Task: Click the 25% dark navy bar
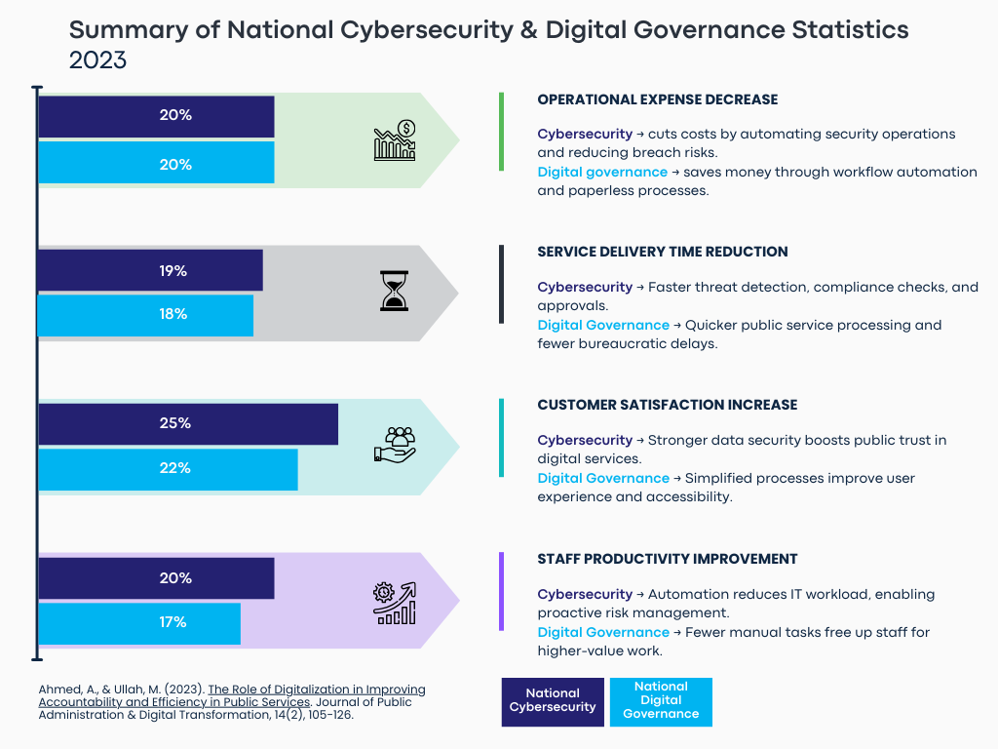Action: pyautogui.click(x=187, y=424)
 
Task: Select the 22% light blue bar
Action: pyautogui.click(x=168, y=469)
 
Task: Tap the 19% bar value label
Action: pyautogui.click(x=173, y=271)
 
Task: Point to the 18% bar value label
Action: pyautogui.click(x=173, y=314)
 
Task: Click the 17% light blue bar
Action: pyautogui.click(x=138, y=623)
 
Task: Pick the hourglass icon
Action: pyautogui.click(x=395, y=291)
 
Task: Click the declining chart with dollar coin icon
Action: pyautogui.click(x=395, y=140)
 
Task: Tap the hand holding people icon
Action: pyautogui.click(x=395, y=444)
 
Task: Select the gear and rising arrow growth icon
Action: pyautogui.click(x=395, y=603)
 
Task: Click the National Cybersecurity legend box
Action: pyautogui.click(x=553, y=701)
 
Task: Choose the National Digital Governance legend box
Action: pyautogui.click(x=661, y=701)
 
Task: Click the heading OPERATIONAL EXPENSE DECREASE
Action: pyautogui.click(x=657, y=99)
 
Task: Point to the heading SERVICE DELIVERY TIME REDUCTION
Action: pyautogui.click(x=662, y=252)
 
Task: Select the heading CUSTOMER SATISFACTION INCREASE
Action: pyautogui.click(x=667, y=405)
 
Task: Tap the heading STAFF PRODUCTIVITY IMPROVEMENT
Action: pyautogui.click(x=667, y=559)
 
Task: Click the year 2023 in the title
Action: pyautogui.click(x=97, y=59)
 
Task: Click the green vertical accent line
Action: pyautogui.click(x=501, y=132)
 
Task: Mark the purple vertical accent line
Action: pyautogui.click(x=501, y=591)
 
